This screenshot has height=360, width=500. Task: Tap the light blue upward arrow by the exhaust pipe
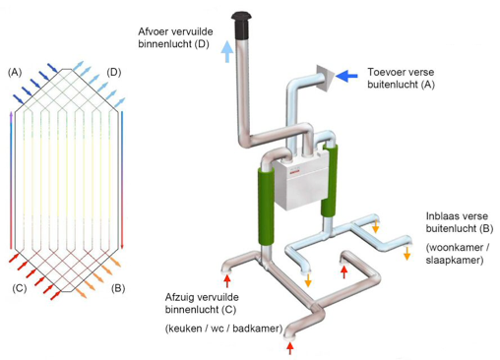point(227,51)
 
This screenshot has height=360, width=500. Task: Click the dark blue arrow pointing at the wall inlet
point(347,76)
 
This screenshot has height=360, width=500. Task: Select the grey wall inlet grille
point(325,78)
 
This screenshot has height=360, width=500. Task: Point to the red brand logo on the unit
point(293,171)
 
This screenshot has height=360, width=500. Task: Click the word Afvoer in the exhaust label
point(155,31)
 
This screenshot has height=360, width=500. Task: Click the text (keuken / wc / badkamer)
point(223,329)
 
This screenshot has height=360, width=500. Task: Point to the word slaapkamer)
point(455,261)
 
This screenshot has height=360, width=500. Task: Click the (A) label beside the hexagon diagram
point(15,72)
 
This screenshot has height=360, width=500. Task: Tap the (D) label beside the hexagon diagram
point(114,72)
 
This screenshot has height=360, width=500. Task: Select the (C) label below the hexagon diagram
point(20,288)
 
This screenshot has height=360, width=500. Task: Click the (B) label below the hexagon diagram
point(118,288)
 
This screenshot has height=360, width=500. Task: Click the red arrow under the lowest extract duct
point(290,348)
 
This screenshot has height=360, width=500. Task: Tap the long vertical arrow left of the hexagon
point(11,180)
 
